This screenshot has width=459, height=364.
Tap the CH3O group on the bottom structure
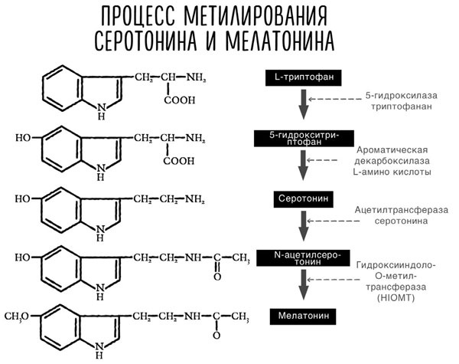(x=20, y=315)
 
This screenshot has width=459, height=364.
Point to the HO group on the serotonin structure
(x=23, y=198)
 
